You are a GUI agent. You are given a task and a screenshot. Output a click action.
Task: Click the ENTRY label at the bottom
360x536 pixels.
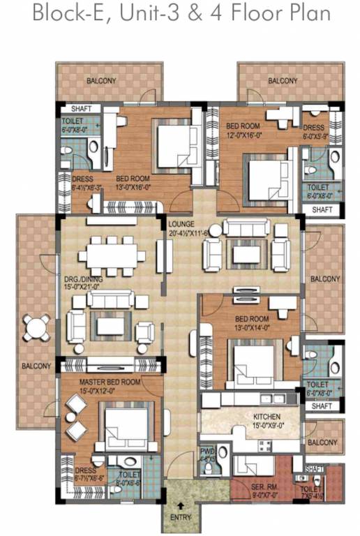(x=180, y=518)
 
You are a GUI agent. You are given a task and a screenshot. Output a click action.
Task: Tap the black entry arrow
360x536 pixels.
(x=180, y=506)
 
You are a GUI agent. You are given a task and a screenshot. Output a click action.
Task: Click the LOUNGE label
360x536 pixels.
(x=183, y=224)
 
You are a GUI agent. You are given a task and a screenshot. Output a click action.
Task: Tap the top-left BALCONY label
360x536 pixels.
(x=102, y=81)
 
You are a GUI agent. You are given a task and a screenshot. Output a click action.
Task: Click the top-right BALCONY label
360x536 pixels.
(x=283, y=81)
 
